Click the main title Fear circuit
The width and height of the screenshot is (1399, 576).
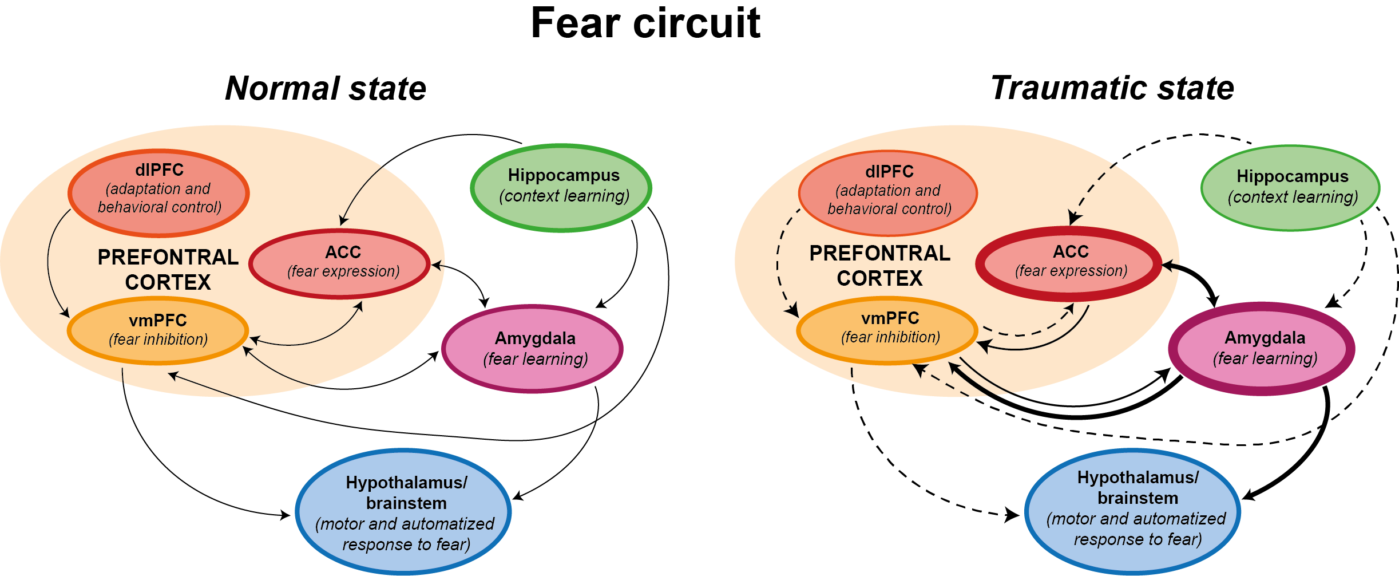tap(645, 24)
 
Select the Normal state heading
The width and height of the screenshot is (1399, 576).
tap(326, 89)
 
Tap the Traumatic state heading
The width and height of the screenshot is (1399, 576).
tap(1112, 88)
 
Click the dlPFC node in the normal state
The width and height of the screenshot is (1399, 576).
tap(159, 192)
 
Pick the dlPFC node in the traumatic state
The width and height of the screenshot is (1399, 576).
tap(889, 193)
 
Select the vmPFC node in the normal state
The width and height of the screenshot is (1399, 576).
tap(158, 330)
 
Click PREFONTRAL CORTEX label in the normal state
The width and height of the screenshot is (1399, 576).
tap(168, 270)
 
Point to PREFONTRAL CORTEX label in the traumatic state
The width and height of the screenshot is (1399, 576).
tap(879, 266)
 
